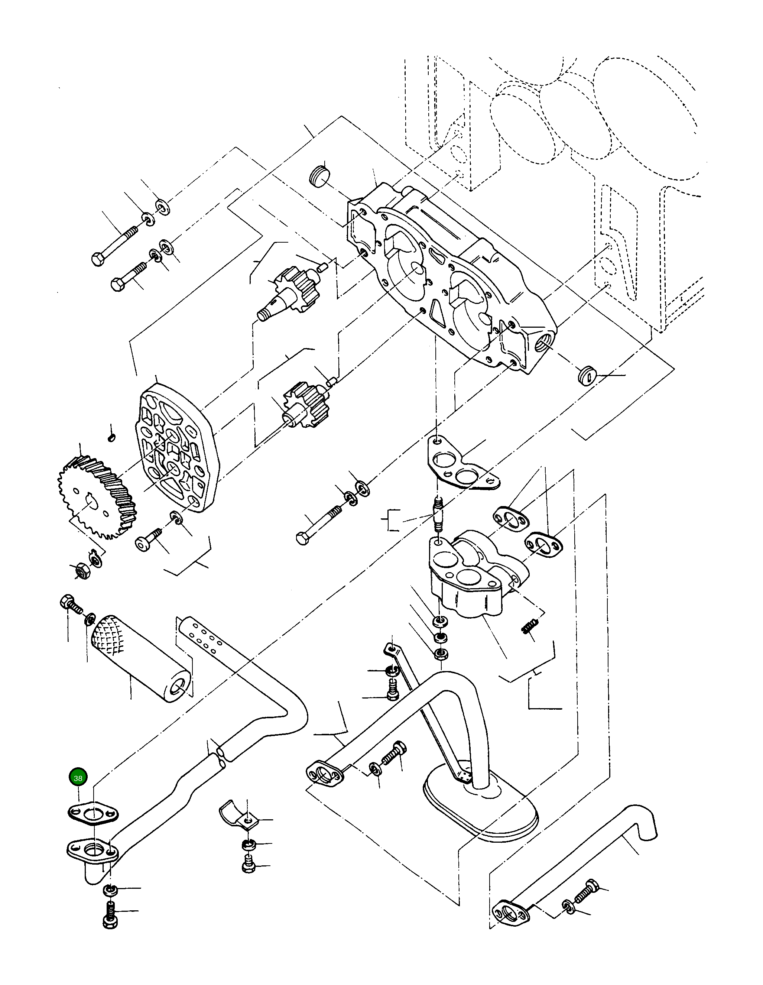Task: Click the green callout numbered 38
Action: tap(78, 778)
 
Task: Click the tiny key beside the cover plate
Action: tap(112, 437)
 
